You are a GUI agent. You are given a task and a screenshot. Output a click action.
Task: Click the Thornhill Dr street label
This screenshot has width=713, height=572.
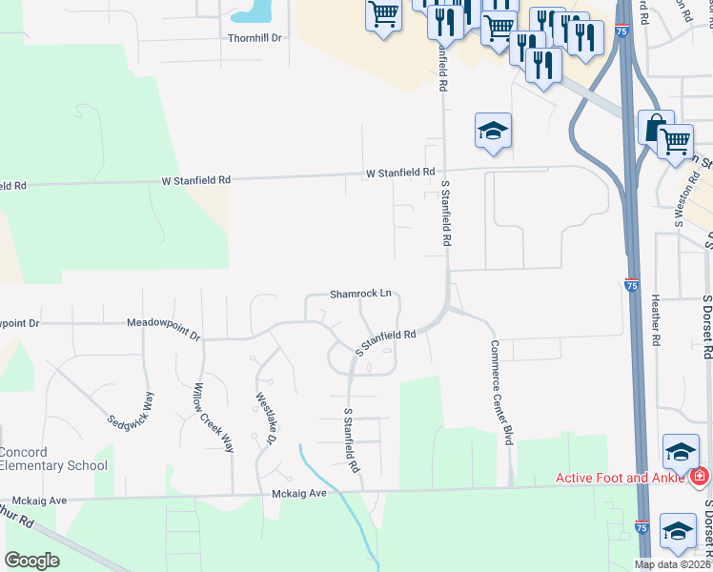[x=255, y=38]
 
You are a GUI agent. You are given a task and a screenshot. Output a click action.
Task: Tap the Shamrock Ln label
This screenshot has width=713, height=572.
[x=360, y=294]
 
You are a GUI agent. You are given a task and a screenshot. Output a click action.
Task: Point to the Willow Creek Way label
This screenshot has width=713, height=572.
[x=214, y=418]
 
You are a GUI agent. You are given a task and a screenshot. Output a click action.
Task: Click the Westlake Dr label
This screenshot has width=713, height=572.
[x=266, y=419]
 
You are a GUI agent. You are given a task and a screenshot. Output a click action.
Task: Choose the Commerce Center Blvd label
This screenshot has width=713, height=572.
[x=501, y=392]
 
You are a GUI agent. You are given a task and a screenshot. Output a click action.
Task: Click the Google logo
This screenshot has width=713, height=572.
[x=31, y=561]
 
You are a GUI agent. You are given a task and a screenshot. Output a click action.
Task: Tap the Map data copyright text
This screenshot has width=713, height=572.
[x=673, y=563]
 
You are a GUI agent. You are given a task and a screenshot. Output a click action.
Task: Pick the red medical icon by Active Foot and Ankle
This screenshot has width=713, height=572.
[x=699, y=475]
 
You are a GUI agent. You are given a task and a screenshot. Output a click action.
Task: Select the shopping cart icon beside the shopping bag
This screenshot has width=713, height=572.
[x=675, y=140]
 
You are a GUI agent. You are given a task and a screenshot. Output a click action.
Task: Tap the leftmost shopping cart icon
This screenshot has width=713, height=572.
[x=383, y=14]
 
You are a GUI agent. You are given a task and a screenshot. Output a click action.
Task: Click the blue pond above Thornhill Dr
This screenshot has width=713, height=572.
[x=250, y=11]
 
